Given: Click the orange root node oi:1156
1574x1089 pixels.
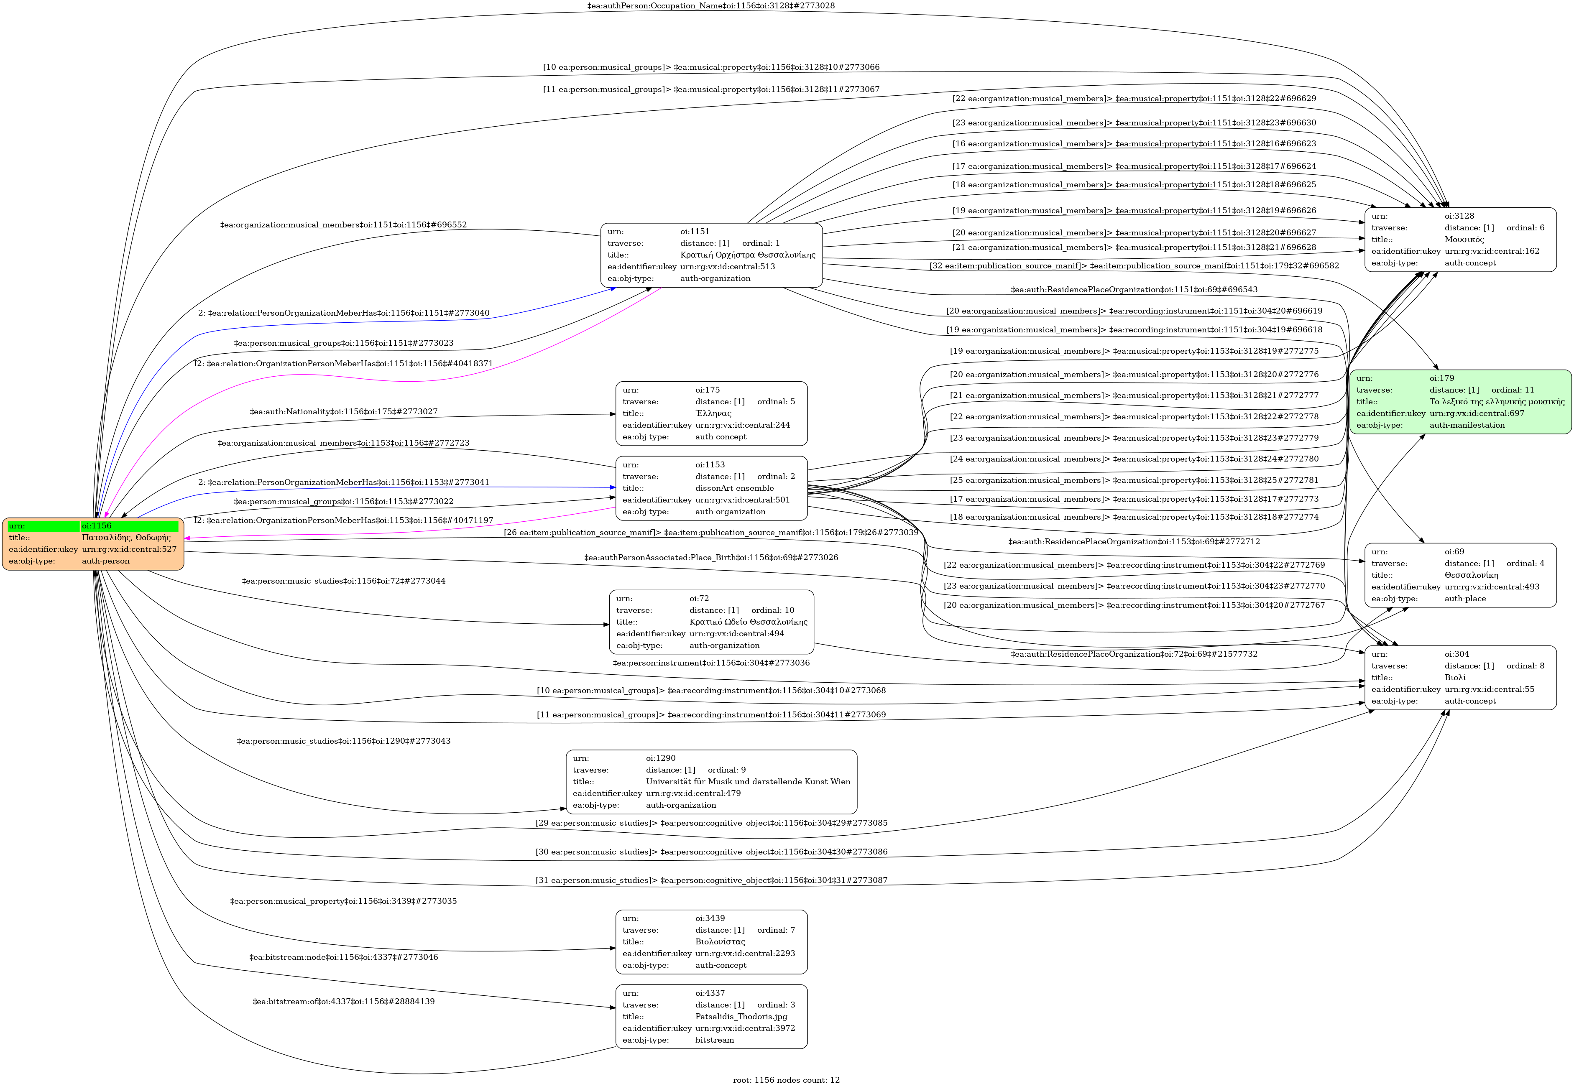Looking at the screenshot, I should tap(93, 544).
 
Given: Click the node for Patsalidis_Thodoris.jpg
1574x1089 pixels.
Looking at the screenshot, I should tap(711, 1016).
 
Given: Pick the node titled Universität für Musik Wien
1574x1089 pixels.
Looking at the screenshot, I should tap(711, 782).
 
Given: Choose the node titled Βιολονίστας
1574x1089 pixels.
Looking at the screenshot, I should tap(711, 941).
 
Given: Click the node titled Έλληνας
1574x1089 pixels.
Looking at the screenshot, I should tap(711, 413).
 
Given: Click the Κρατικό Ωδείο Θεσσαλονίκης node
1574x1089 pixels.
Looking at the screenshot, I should tap(711, 622).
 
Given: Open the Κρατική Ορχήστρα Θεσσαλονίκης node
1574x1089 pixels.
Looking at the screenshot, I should tap(711, 255).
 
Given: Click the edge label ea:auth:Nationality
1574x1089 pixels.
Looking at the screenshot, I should tap(343, 411).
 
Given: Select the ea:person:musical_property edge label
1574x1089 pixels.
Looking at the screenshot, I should tap(343, 901).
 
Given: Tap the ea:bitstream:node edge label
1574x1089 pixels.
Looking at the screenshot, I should tap(343, 957).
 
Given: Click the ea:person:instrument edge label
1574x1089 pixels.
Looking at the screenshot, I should tap(710, 663).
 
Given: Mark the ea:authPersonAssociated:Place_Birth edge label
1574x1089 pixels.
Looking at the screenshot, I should tap(710, 558).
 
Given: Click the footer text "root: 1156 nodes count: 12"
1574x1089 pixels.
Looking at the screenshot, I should tap(786, 1079).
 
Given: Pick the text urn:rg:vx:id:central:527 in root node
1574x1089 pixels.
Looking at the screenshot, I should tap(129, 549).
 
